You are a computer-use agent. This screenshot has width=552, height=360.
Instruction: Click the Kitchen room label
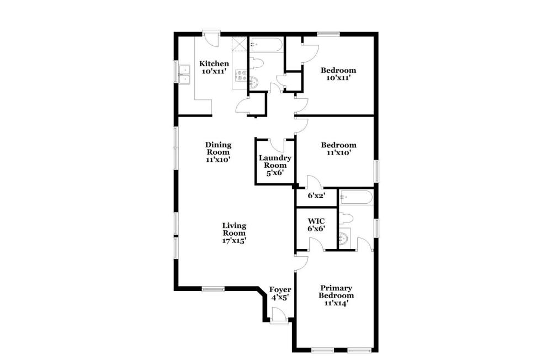pos(214,67)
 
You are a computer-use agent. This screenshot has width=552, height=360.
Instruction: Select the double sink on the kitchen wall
pos(184,75)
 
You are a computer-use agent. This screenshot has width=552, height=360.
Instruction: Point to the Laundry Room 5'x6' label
pos(274,165)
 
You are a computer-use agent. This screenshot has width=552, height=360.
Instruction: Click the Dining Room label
pos(218,152)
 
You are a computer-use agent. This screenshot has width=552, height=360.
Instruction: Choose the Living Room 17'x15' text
pos(234,233)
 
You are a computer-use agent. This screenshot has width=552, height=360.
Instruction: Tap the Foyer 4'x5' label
pos(280,293)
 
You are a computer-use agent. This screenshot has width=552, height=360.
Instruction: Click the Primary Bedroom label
pos(336,295)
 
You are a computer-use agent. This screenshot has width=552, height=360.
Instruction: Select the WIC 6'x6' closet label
pos(316,224)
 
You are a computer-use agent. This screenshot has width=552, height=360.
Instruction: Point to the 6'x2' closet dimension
pos(316,195)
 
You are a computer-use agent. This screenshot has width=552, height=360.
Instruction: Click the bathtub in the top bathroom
pos(266,45)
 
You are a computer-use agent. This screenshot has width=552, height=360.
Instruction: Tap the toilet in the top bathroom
pos(257,63)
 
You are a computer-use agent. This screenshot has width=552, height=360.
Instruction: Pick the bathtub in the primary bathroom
pos(355,198)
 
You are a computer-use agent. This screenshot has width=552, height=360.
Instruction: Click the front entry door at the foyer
pos(279,315)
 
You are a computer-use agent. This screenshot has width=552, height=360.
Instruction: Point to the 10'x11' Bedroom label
pos(338,74)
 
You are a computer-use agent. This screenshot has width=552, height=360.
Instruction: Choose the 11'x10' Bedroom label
pos(338,149)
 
